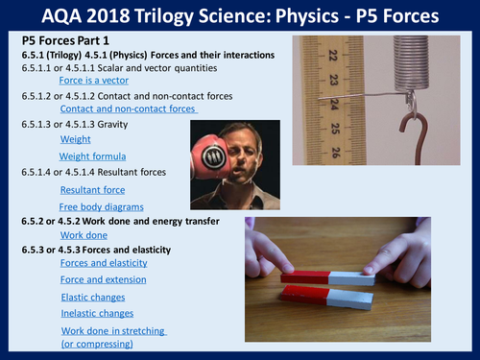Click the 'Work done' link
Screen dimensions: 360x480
pos(84,234)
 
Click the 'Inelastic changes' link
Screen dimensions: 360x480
pos(100,314)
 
